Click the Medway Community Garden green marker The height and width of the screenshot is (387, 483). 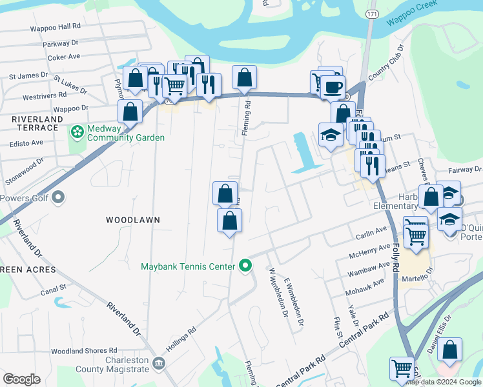[77, 132]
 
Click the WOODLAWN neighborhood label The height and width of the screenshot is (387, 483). [132, 220]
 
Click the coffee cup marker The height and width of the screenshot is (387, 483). [333, 87]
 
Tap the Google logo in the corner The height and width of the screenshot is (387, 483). [21, 379]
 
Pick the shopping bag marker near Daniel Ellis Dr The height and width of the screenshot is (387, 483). [450, 350]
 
